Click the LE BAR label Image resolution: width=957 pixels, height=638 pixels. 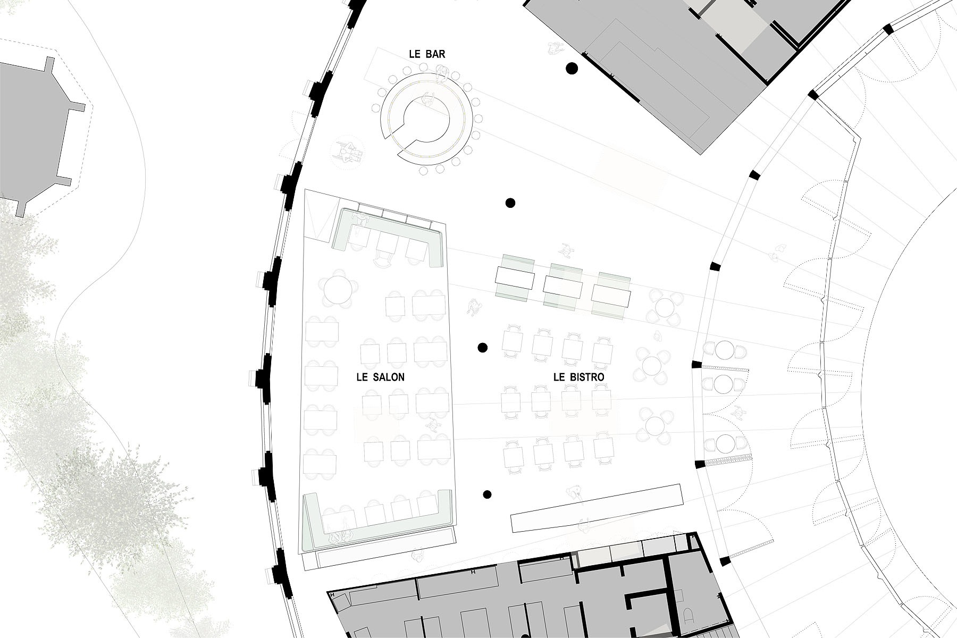coord(427,54)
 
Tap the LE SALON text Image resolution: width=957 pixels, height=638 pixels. coord(380,377)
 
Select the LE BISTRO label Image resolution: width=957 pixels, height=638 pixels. coord(579,377)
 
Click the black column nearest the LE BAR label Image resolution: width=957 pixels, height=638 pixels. coord(572,68)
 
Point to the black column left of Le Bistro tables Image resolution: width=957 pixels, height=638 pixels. coord(483,348)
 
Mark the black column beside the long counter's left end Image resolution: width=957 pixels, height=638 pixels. coord(487,494)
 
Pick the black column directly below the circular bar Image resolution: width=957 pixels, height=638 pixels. coord(510,203)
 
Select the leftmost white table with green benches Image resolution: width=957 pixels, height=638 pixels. coord(515,278)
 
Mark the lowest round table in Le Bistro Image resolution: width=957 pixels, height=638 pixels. coord(654,425)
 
